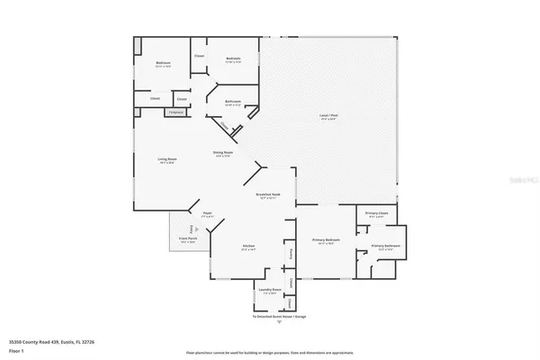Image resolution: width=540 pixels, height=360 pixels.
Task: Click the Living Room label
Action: pos(166,160)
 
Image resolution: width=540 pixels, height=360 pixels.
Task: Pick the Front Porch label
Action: pos(187,240)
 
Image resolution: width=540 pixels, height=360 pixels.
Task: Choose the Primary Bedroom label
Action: pos(325,241)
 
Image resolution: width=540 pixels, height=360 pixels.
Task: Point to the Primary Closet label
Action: pos(376,213)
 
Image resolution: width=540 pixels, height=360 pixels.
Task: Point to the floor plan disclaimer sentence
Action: pos(270,352)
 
